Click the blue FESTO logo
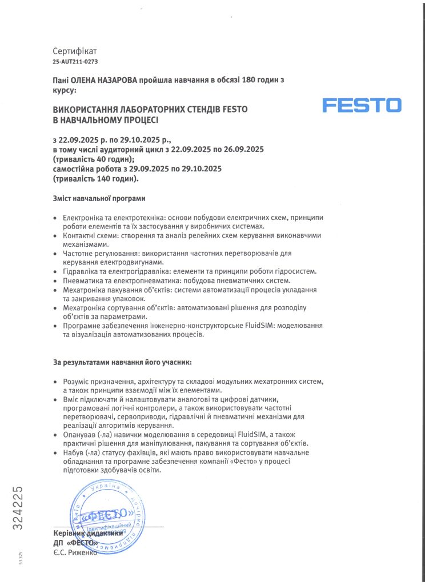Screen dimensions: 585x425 (x=362, y=105)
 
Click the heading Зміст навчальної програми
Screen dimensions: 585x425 (x=99, y=198)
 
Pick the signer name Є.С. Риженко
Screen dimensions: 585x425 (x=75, y=552)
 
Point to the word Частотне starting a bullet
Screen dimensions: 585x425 (x=79, y=253)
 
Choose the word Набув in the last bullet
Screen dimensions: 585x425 (x=74, y=452)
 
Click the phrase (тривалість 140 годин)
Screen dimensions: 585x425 (x=95, y=179)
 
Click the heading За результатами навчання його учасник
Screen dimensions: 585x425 (x=123, y=362)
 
